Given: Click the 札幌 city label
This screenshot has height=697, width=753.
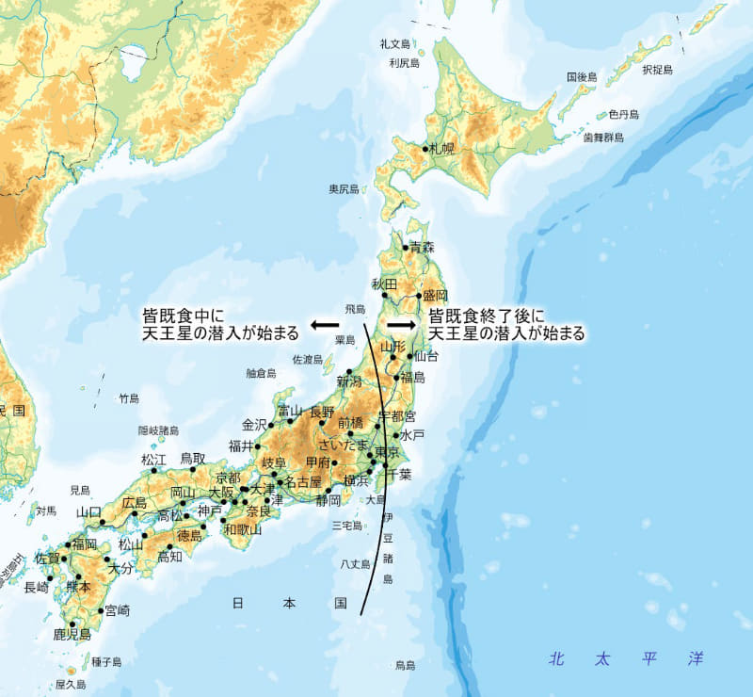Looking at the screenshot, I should coord(441,149).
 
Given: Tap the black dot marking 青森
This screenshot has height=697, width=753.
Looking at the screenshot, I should coord(406,248).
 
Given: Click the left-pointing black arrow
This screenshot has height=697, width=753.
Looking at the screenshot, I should coord(325,324).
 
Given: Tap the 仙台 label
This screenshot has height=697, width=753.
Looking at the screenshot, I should coord(426,356).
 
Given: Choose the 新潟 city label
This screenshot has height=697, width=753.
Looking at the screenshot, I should coord(349,381).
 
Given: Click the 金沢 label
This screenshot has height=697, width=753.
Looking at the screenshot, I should coord(255,424).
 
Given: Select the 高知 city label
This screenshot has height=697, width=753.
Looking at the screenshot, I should coord(169,557).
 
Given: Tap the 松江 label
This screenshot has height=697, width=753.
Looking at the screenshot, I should coord(153,460).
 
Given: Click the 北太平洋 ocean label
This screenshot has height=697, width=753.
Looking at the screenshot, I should coord(627,657).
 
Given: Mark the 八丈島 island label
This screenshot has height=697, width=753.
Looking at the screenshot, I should coord(356,564).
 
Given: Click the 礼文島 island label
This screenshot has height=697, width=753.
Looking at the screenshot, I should coord(395,44).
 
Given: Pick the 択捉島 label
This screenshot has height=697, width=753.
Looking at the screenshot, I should coord(658,70).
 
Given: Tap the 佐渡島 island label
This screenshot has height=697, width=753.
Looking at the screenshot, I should coord(307,359).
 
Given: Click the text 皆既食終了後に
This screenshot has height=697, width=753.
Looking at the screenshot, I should coord(487,316).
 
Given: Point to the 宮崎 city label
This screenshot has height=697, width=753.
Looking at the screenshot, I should coord(118,610).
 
